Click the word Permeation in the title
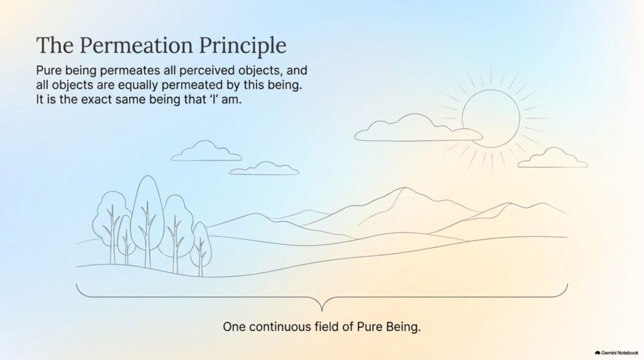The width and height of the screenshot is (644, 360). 136,45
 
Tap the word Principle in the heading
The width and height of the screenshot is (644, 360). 243,45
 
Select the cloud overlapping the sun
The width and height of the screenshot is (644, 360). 418,128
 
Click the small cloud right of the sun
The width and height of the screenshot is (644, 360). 553,158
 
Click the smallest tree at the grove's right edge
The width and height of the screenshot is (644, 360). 201,249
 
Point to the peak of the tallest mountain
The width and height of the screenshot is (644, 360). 405,188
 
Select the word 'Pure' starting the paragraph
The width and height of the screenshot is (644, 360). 49,70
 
